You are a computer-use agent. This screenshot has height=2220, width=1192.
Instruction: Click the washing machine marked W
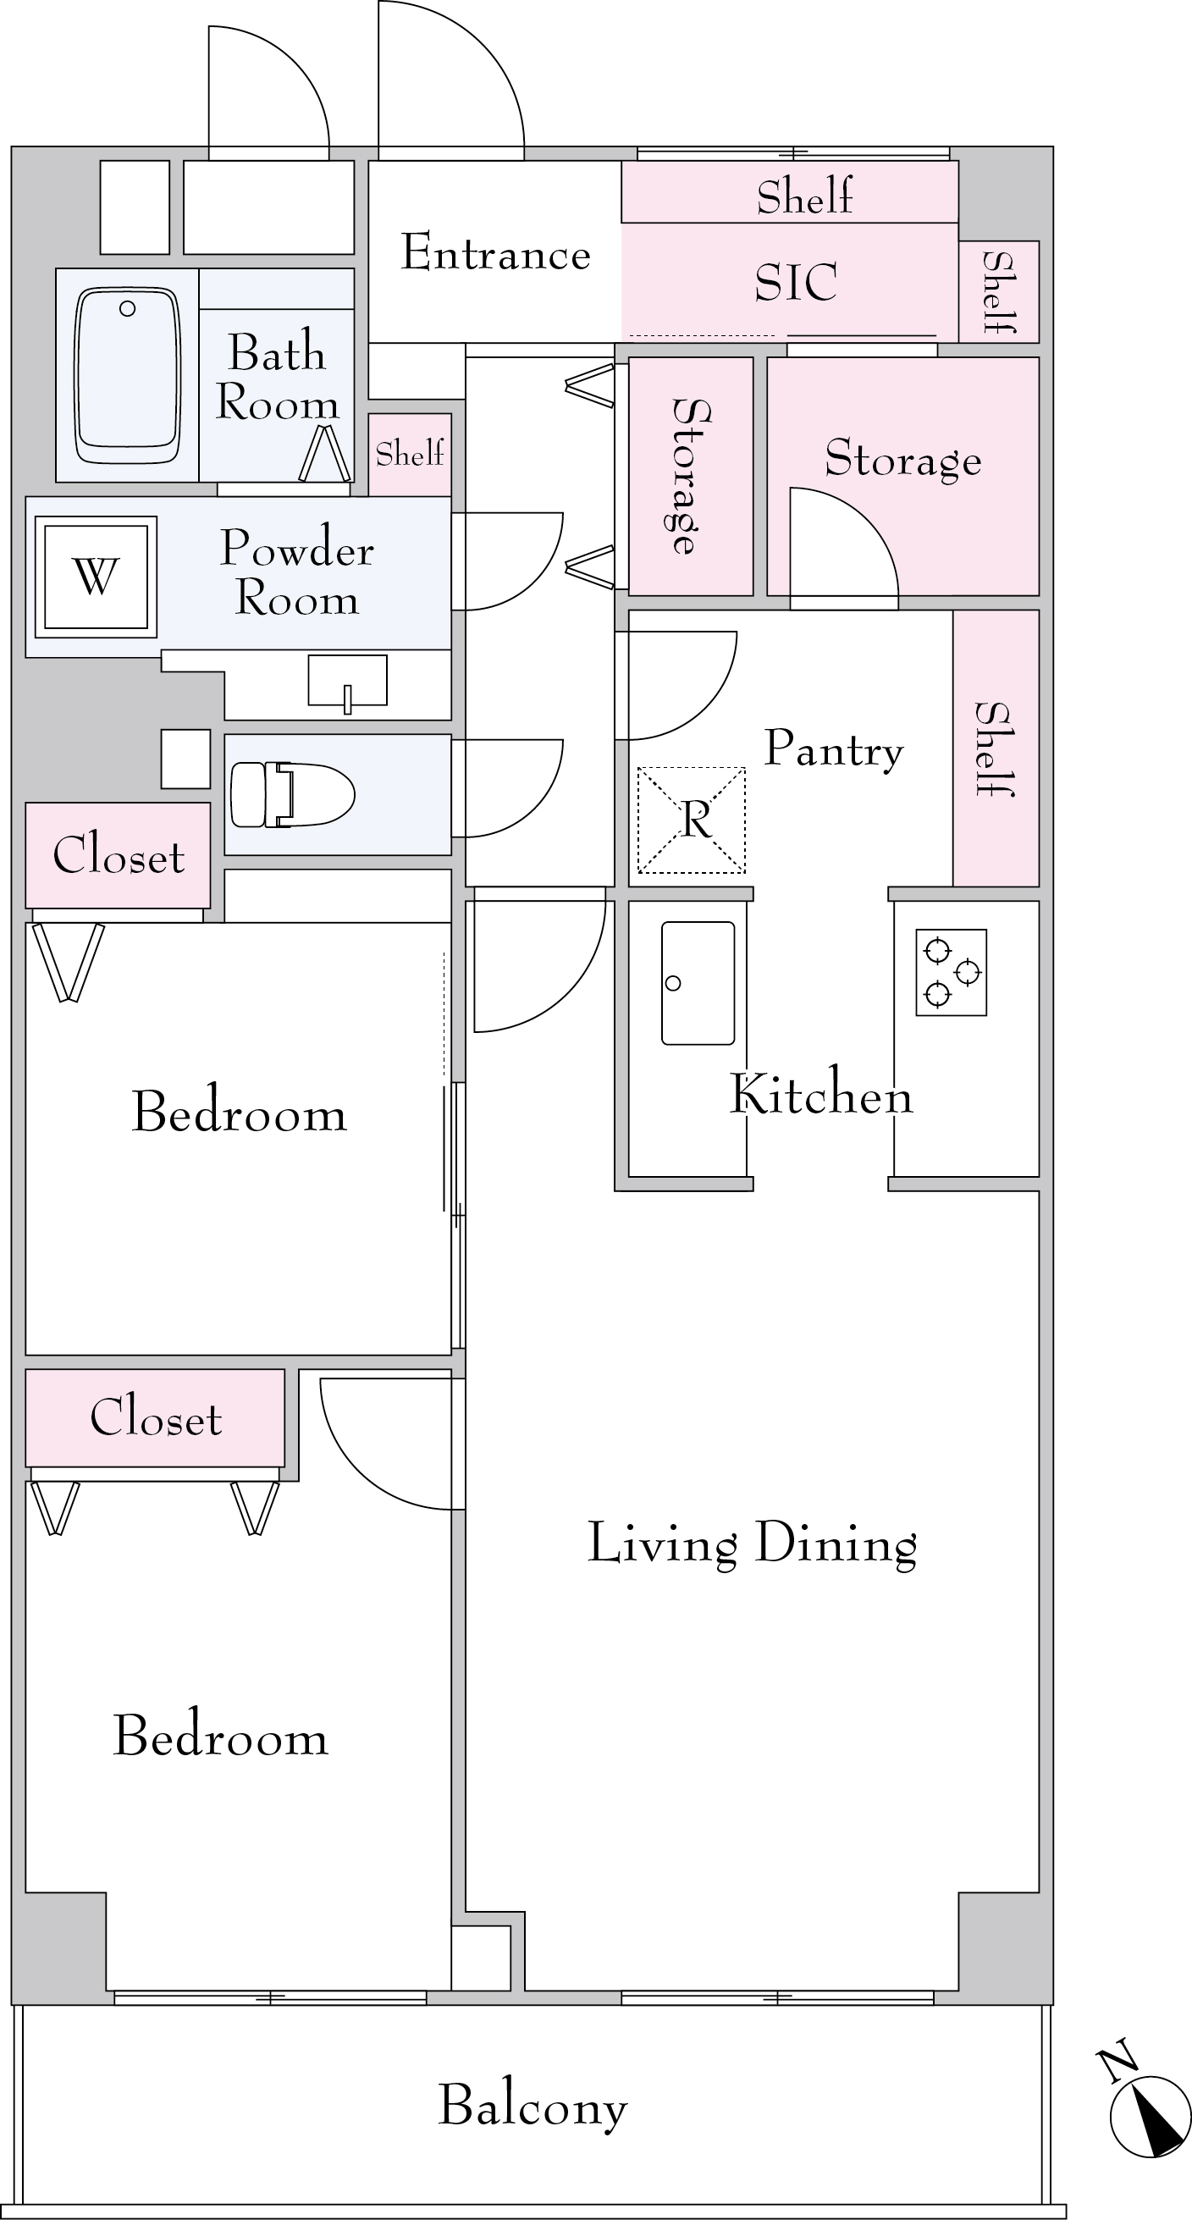click(96, 577)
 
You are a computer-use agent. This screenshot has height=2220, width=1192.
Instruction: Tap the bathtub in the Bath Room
click(129, 375)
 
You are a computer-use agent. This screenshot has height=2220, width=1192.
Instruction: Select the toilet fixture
click(293, 794)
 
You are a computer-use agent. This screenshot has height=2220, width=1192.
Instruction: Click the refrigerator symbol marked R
click(691, 820)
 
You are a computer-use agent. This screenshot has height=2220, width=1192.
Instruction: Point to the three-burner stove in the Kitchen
click(951, 972)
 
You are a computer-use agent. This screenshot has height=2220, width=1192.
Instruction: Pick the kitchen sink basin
click(698, 983)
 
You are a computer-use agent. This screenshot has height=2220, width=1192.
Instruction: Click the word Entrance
click(495, 252)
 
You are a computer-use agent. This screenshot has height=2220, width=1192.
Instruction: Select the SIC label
click(796, 283)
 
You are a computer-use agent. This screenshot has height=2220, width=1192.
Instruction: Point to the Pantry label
click(833, 749)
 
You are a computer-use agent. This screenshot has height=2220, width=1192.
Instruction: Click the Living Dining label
click(752, 1544)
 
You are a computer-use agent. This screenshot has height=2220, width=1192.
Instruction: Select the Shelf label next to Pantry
click(995, 749)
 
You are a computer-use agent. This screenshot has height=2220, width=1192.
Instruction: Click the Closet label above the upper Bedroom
click(119, 856)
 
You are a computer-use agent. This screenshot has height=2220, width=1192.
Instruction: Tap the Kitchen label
click(820, 1095)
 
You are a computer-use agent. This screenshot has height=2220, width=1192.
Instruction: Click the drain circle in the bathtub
click(128, 308)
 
